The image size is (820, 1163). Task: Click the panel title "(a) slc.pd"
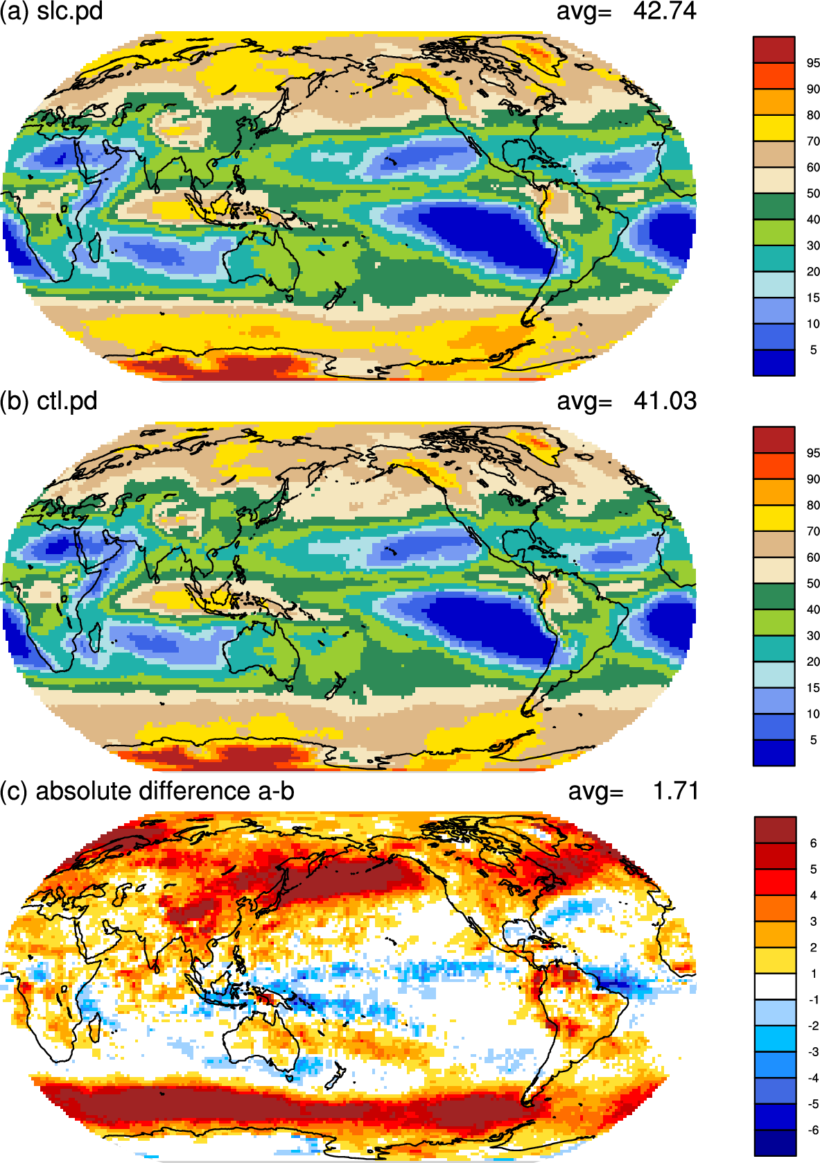(x=51, y=11)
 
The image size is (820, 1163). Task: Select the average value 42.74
(x=664, y=11)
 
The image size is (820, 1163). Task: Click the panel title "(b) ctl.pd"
(x=49, y=402)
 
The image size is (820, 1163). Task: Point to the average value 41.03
(x=665, y=401)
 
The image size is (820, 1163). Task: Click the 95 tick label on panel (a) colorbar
(x=813, y=63)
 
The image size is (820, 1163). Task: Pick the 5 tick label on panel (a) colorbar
(x=813, y=350)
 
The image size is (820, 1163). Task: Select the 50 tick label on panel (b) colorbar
(x=813, y=583)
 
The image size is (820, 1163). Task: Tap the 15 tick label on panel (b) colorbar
(x=813, y=687)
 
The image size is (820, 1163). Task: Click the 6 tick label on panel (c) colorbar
(x=813, y=843)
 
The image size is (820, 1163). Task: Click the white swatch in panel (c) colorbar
(x=775, y=986)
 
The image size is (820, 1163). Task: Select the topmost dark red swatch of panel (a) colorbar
(x=774, y=50)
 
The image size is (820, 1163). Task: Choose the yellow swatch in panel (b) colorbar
(x=774, y=518)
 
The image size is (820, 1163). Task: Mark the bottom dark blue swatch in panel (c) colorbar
(x=775, y=1144)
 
